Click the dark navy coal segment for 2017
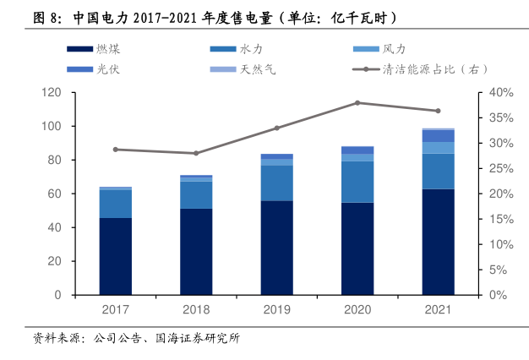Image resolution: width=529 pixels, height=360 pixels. point(115,256)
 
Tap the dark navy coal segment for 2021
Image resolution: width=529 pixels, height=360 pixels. point(438,242)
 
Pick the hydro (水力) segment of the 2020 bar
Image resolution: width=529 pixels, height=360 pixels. point(357,182)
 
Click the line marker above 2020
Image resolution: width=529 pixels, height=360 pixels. point(357,103)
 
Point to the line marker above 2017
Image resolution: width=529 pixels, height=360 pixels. point(115,150)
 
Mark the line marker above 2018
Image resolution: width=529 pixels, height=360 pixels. point(196,153)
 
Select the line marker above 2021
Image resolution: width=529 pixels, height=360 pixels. point(438,111)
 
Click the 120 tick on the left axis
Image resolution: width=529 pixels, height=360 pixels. point(55,92)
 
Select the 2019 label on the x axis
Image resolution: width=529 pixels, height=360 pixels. point(276,310)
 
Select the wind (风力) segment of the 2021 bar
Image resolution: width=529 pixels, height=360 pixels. point(438,148)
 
